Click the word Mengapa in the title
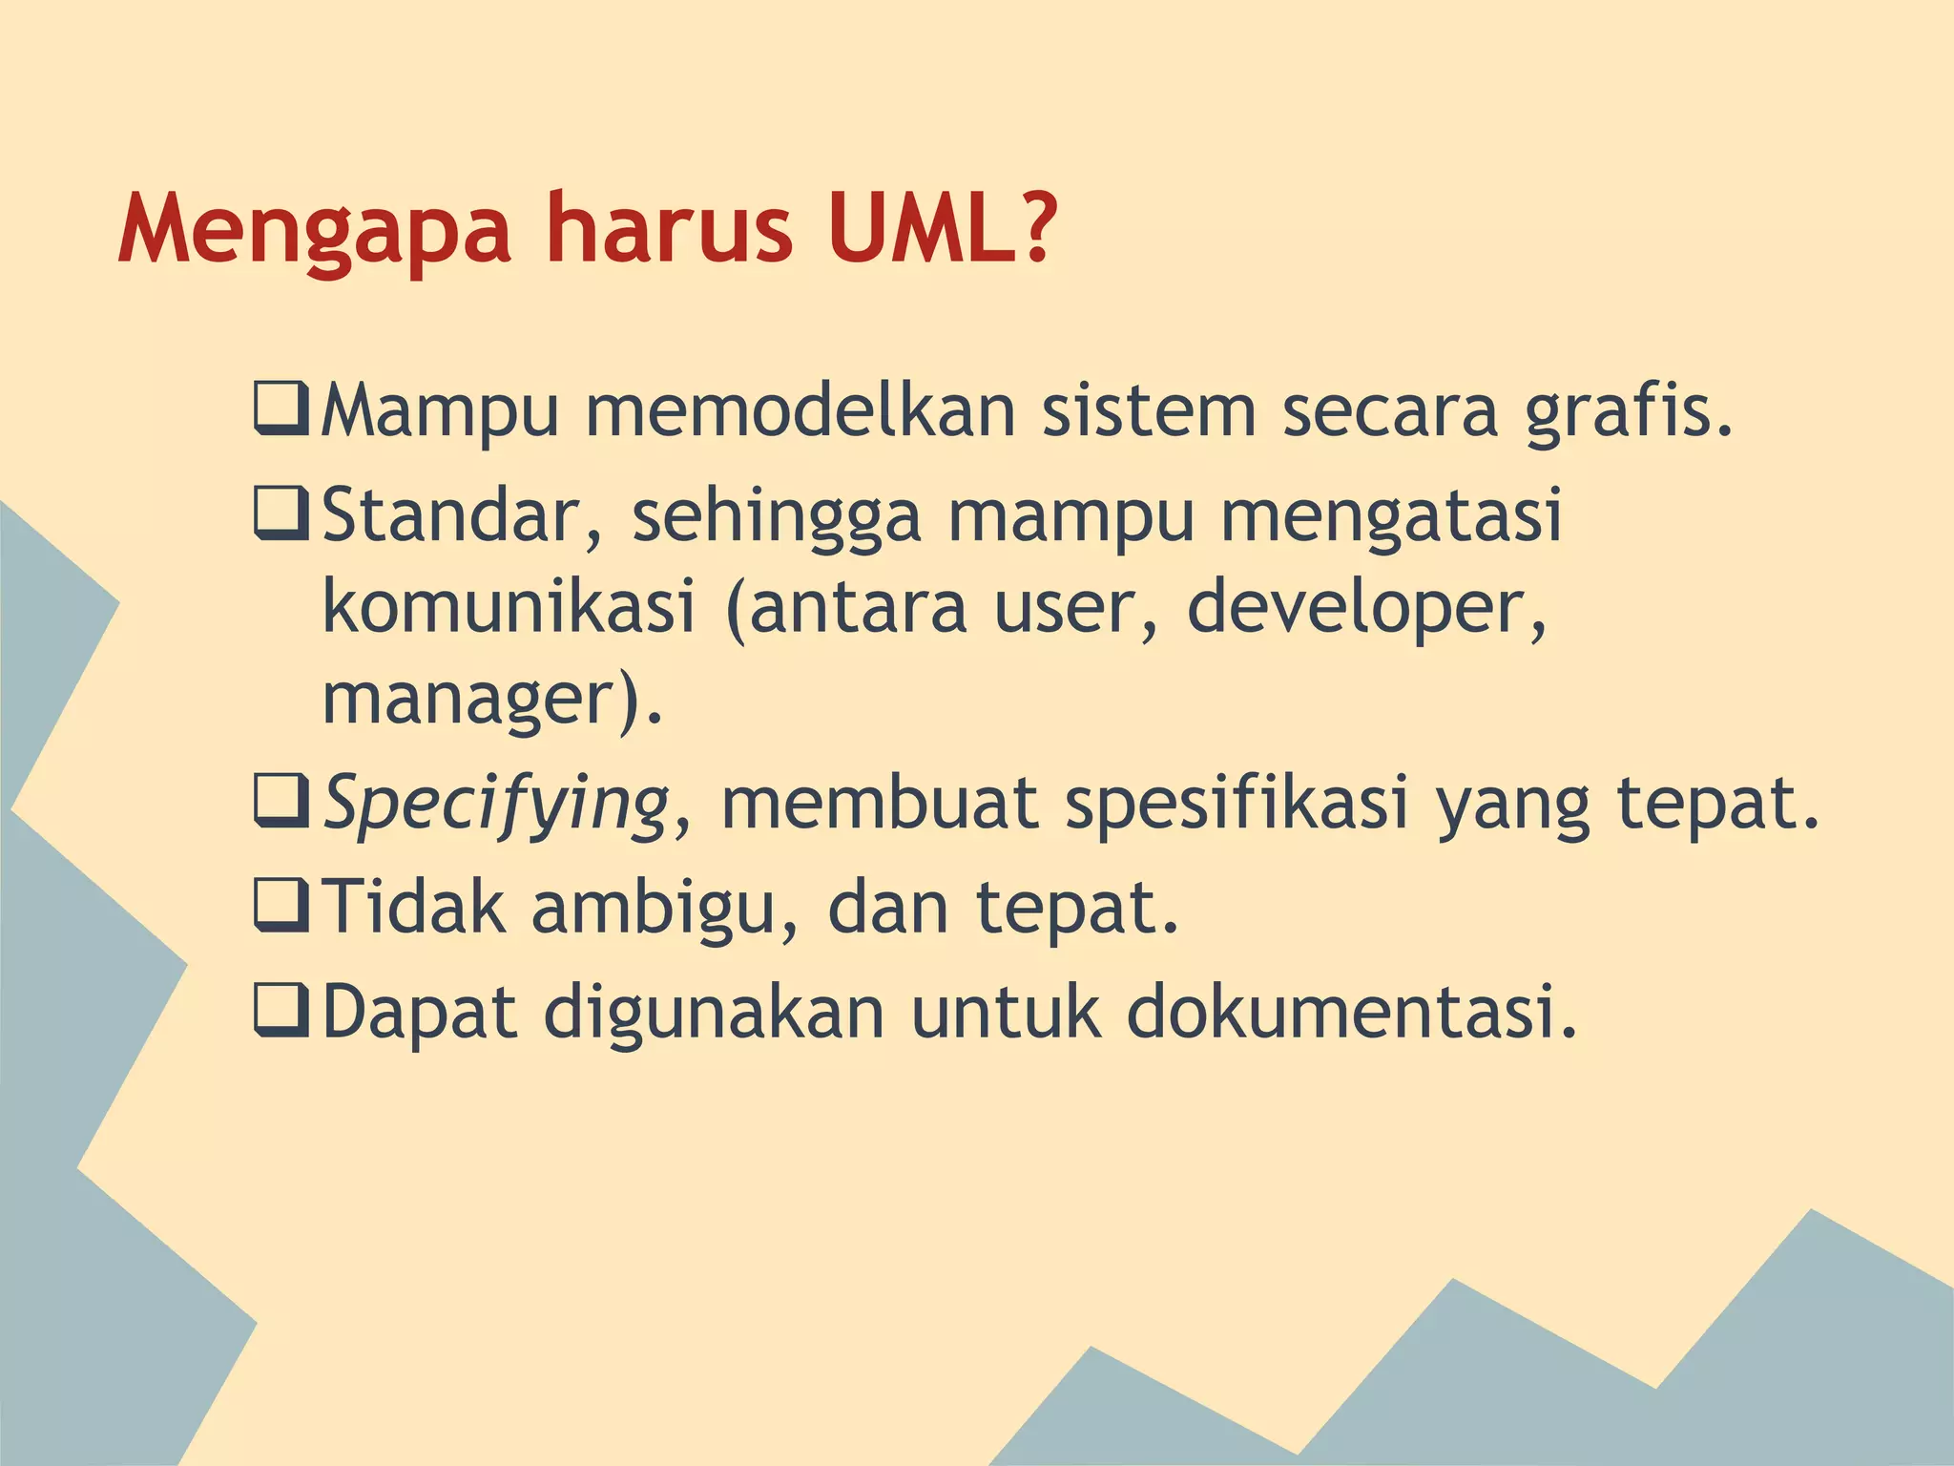(315, 232)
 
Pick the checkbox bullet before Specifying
(281, 801)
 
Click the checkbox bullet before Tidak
(281, 906)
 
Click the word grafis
(1628, 412)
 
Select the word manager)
(491, 700)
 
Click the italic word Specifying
(496, 804)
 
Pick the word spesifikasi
(1237, 804)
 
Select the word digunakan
(714, 1013)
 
